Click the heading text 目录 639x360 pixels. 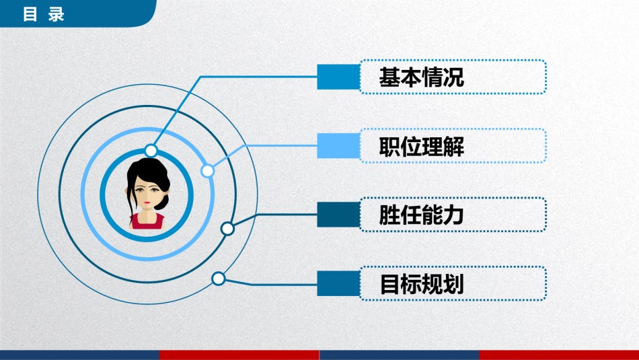(44, 14)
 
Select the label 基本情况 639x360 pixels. (421, 77)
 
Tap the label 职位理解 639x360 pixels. (421, 147)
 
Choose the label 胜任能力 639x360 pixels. (421, 215)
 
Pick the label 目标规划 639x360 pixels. (421, 285)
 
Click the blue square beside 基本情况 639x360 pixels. (338, 77)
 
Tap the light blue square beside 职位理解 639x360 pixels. (338, 146)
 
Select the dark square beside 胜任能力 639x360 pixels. (338, 215)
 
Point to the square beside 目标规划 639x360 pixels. (338, 284)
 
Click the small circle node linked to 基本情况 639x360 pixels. (151, 150)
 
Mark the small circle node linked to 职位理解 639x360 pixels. (208, 171)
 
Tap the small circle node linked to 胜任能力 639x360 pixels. (227, 229)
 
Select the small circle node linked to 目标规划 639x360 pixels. (218, 279)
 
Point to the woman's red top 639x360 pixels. (147, 221)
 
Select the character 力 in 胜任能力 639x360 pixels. (453, 215)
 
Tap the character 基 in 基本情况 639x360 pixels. (389, 77)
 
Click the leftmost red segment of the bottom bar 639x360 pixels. (239, 355)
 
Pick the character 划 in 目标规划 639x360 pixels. (453, 285)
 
